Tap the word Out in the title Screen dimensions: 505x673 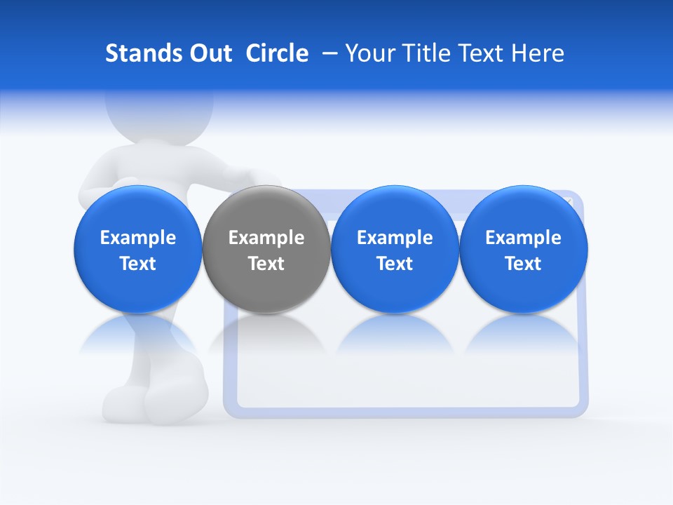click(208, 53)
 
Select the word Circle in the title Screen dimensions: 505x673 click(277, 53)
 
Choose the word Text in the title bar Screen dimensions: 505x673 click(478, 53)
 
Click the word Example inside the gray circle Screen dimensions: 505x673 click(266, 238)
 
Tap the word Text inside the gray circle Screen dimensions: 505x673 click(266, 264)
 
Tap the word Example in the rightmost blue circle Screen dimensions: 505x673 click(524, 238)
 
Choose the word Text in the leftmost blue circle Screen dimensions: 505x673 click(137, 264)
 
